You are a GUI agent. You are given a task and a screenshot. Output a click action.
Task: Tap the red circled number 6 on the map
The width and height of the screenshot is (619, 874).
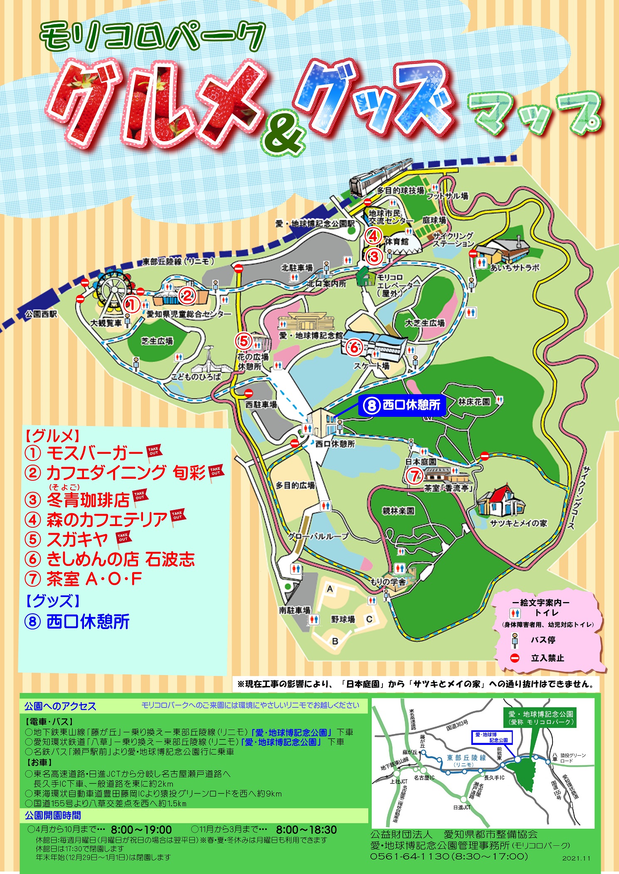(x=354, y=347)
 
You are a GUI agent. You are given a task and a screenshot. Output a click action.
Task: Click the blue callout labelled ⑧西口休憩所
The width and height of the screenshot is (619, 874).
(x=402, y=405)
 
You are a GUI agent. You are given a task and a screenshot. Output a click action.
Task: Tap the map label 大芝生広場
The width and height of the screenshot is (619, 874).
(x=425, y=323)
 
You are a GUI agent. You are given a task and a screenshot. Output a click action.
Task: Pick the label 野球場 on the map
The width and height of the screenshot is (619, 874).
(x=343, y=619)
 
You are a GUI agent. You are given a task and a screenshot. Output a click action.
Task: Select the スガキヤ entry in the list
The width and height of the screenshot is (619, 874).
(x=77, y=539)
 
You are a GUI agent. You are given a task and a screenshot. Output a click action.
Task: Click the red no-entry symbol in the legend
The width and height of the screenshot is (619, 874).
(x=515, y=658)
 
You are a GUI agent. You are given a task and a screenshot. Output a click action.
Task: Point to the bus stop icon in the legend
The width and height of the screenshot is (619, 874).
(x=515, y=640)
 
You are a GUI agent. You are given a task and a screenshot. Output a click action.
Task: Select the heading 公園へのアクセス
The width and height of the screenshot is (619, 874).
(x=60, y=706)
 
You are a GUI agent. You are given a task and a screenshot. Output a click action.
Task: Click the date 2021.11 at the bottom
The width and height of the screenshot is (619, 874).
(x=576, y=858)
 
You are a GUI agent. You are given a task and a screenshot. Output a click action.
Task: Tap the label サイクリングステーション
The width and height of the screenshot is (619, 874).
(x=453, y=240)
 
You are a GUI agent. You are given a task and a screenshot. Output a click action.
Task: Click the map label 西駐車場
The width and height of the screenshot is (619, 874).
(x=261, y=404)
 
